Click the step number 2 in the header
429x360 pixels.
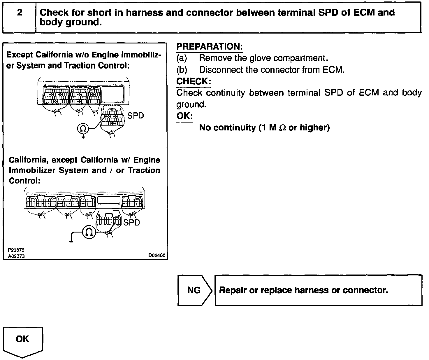pos(20,13)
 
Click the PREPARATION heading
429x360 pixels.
pos(210,47)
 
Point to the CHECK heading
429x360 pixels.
pos(194,81)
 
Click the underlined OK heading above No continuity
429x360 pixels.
pos(184,116)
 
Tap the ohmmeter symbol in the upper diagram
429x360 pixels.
pos(83,128)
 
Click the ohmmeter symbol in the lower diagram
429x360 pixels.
pos(89,232)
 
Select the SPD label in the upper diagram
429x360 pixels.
pos(136,116)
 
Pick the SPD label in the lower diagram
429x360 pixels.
pos(131,223)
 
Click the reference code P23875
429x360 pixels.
pos(16,250)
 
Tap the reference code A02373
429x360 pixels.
pos(16,256)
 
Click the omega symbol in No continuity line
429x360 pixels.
pos(282,128)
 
